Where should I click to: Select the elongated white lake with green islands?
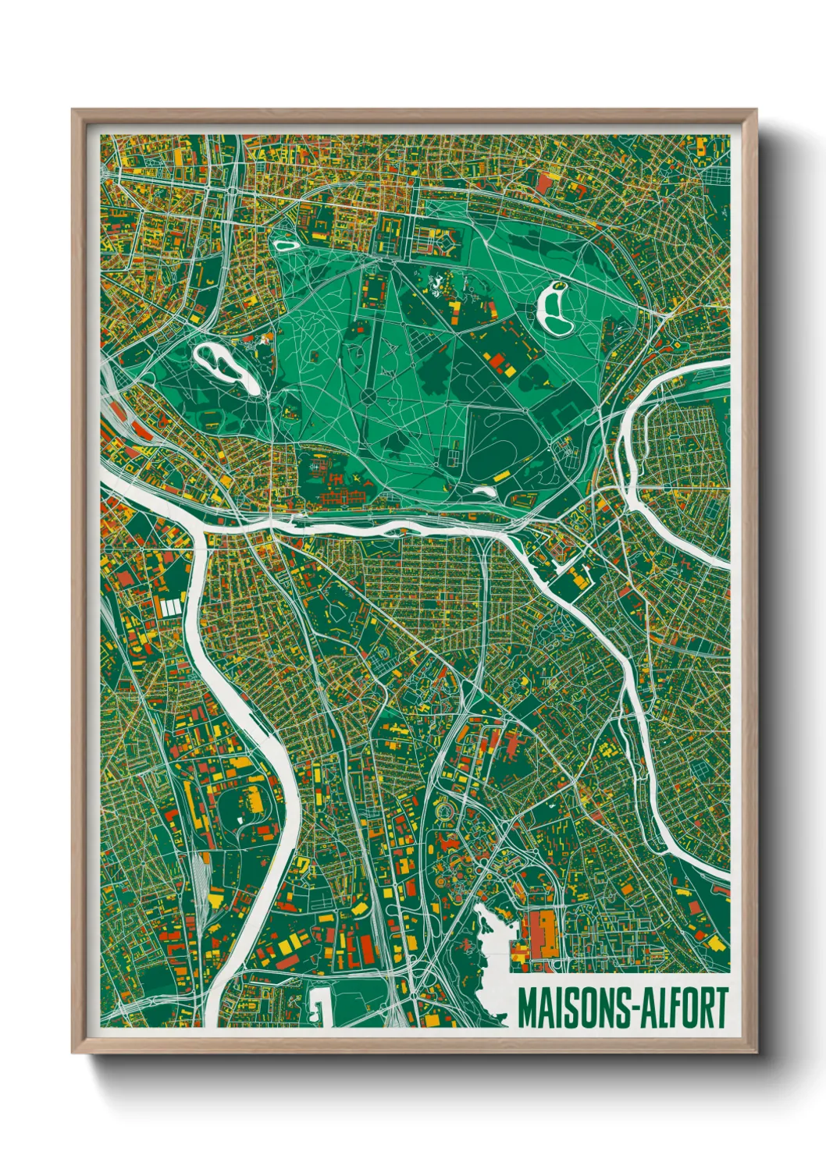coord(225,366)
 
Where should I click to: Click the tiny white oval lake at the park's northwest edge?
coord(285,244)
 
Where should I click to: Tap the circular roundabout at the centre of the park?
coord(368,396)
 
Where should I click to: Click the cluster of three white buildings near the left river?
coord(171,606)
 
